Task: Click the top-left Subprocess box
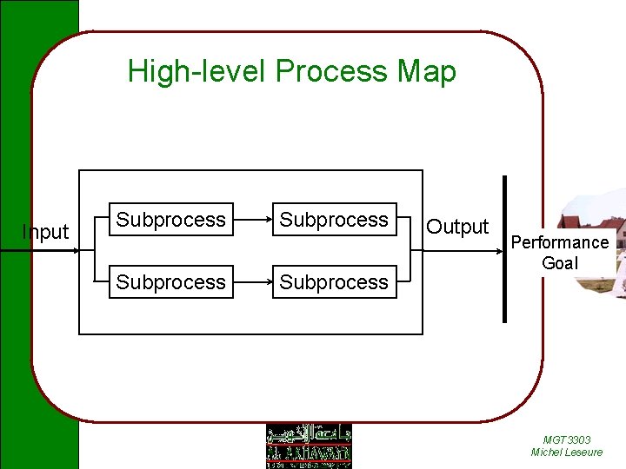[x=170, y=220]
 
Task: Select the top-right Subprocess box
[x=334, y=220]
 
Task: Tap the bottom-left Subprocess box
[x=170, y=282]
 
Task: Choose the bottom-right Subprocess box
[x=334, y=282]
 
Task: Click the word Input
[x=45, y=232]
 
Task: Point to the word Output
[x=457, y=227]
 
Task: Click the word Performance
[x=560, y=242]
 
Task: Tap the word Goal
[x=560, y=263]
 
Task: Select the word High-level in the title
[x=197, y=71]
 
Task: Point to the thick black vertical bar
[x=504, y=248]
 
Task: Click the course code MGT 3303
[x=567, y=440]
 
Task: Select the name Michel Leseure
[x=567, y=452]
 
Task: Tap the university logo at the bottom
[x=308, y=446]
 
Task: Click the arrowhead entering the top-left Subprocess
[x=104, y=220]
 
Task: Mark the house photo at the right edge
[x=609, y=243]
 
